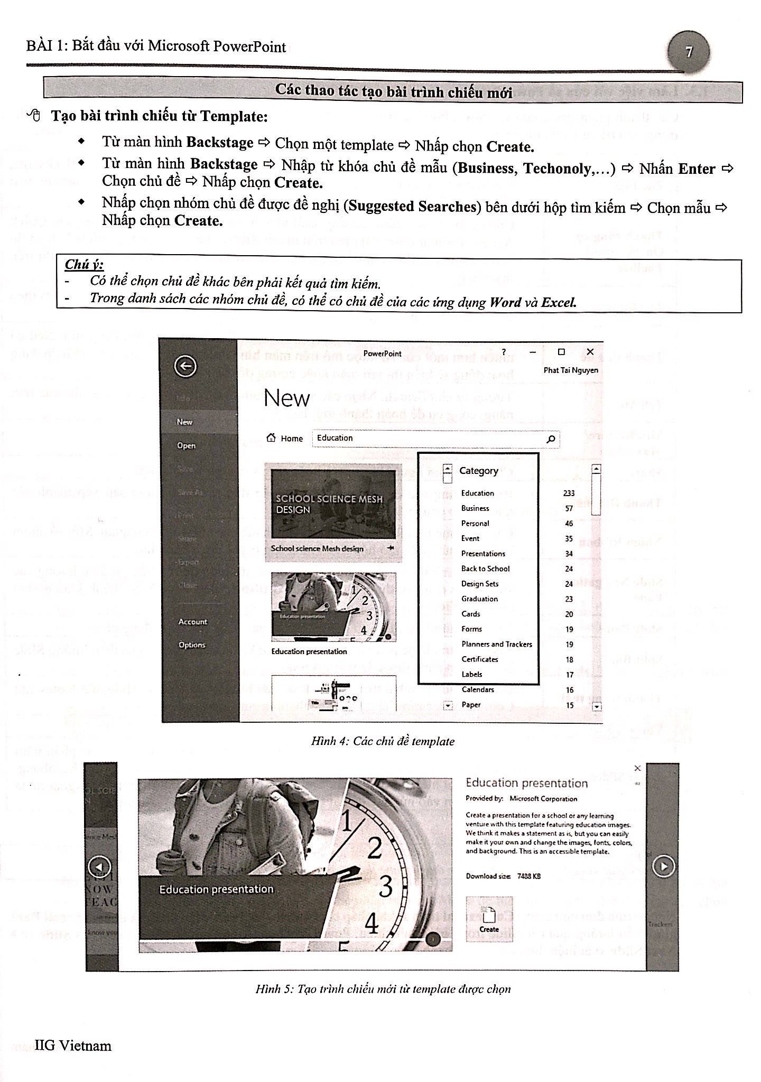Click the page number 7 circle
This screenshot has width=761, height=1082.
tap(689, 52)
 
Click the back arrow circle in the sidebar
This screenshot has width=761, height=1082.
tap(185, 366)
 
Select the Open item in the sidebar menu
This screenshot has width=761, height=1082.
tap(186, 445)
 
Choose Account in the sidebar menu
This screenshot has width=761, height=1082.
tap(192, 622)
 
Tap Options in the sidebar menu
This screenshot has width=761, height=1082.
tap(191, 645)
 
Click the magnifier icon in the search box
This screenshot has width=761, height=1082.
tap(550, 439)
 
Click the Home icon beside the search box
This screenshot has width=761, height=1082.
tap(272, 438)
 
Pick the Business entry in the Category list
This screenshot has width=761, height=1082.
tap(475, 508)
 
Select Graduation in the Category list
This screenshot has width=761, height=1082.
tap(479, 599)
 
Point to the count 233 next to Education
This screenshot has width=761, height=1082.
tap(569, 493)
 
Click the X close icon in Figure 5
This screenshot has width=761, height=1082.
tap(637, 768)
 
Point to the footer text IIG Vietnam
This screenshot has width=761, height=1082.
tap(73, 1046)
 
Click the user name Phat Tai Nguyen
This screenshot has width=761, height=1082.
tap(571, 370)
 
